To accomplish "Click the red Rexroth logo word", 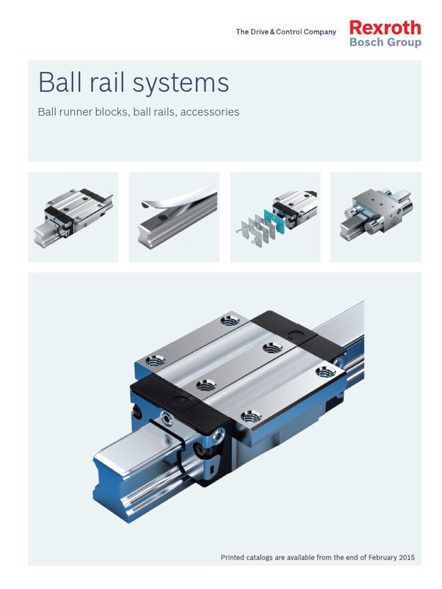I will pos(385,28).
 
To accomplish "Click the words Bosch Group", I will pos(385,43).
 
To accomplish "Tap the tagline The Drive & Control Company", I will pos(285,32).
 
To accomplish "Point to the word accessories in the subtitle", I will pos(209,112).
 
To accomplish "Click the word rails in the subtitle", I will pos(162,112).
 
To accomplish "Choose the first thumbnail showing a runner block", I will pos(73,217).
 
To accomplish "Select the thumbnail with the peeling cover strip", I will pos(174,217).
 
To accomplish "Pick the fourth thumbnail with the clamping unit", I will pos(375,217).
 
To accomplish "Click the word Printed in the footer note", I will pos(236,557).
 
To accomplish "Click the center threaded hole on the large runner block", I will pos(204,384).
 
